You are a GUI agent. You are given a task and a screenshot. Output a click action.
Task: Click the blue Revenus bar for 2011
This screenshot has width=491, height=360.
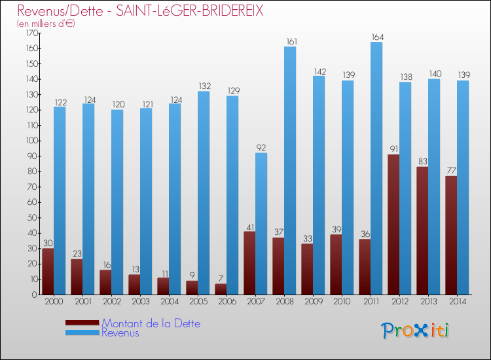pyautogui.click(x=376, y=168)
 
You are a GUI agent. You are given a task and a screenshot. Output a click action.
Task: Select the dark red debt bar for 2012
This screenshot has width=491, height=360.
pyautogui.click(x=393, y=225)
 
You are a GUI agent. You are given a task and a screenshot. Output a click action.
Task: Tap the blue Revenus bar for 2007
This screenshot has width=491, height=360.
pyautogui.click(x=261, y=223)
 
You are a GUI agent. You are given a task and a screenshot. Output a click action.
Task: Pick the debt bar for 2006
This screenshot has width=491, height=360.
pyautogui.click(x=221, y=289)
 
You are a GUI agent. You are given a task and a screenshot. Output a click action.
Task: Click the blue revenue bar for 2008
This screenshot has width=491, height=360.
pyautogui.click(x=290, y=170)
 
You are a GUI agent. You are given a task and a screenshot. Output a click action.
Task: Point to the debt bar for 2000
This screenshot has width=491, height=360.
pyautogui.click(x=48, y=272)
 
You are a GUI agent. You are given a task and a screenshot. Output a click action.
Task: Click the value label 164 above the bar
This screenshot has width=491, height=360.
pyautogui.click(x=376, y=37)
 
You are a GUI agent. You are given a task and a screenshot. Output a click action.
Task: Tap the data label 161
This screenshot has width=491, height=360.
pyautogui.click(x=291, y=42)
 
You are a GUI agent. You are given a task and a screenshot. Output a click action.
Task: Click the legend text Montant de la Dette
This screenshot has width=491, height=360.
pyautogui.click(x=151, y=323)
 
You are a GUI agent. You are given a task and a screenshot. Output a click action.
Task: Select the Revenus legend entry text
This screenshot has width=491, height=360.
pyautogui.click(x=120, y=333)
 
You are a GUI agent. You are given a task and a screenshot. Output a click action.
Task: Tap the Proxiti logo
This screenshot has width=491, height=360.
pyautogui.click(x=416, y=331)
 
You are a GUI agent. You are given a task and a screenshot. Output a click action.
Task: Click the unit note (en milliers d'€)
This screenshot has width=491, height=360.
pyautogui.click(x=46, y=24)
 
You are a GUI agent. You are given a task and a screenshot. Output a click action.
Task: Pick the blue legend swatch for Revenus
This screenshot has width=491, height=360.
pyautogui.click(x=82, y=333)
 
